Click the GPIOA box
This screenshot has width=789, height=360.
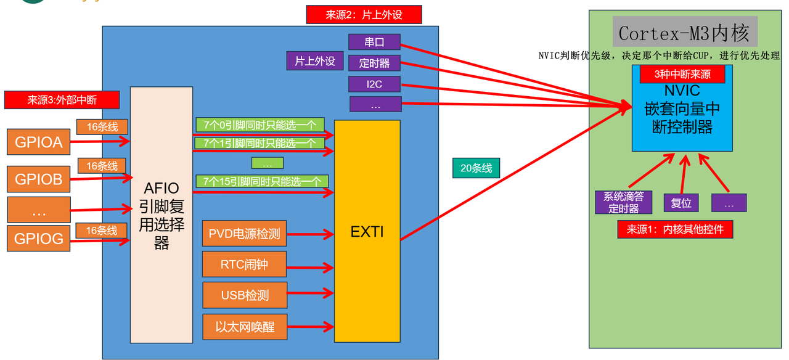38,142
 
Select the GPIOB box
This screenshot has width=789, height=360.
38,179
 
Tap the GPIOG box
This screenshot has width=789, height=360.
38,239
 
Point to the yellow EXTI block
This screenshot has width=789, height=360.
367,232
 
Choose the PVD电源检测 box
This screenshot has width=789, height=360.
245,234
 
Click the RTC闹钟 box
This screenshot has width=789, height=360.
245,264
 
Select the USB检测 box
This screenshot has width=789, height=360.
245,295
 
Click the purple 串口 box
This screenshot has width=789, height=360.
374,43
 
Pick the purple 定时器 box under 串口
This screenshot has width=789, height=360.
374,63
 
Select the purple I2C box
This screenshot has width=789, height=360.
374,84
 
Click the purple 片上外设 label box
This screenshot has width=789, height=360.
315,61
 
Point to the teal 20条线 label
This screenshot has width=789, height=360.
476,168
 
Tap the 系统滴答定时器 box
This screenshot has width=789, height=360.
623,202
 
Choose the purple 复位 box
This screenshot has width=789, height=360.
681,203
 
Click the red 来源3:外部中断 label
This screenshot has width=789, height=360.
62,100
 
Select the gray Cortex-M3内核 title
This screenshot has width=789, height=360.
684,32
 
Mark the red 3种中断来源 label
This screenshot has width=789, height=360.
682,74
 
